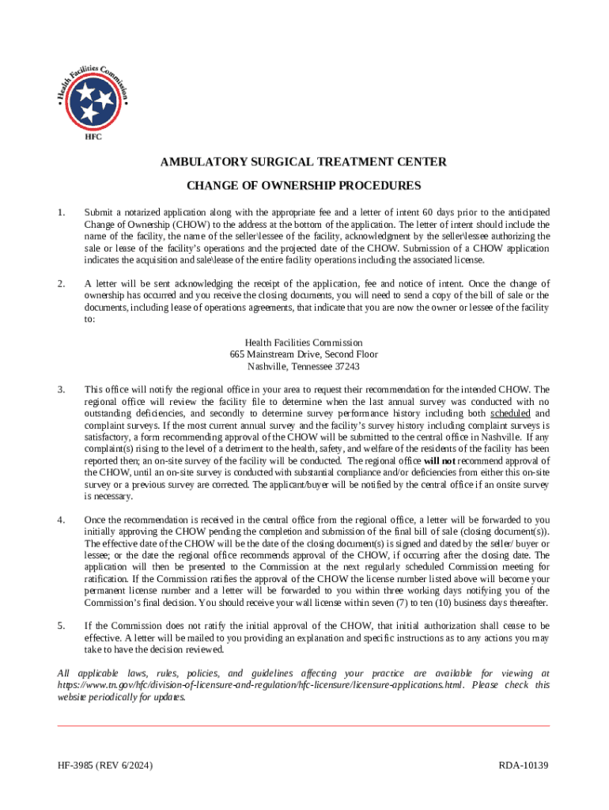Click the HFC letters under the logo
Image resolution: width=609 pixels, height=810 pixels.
coord(93,137)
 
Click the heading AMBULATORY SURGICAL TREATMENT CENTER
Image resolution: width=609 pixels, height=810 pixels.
coord(304,163)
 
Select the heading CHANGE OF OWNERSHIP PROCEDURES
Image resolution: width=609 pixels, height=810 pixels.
coord(304,187)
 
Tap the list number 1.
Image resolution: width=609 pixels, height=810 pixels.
coord(61,213)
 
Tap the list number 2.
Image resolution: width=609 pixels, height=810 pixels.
coord(61,283)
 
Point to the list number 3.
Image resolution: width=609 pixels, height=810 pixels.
coord(61,389)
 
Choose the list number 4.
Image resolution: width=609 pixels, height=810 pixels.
coord(61,520)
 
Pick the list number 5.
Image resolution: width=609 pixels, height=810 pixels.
coord(61,626)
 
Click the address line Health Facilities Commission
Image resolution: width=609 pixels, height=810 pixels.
coord(304,343)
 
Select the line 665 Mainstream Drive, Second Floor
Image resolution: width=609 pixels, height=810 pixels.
coord(304,354)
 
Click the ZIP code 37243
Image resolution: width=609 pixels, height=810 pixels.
coord(346,366)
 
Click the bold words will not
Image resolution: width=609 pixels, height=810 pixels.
coord(439,461)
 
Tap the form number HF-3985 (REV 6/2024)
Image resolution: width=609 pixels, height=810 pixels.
coord(105,766)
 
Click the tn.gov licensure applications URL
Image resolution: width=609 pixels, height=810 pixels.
coord(261,685)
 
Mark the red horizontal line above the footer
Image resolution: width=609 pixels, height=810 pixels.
coord(304,725)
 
